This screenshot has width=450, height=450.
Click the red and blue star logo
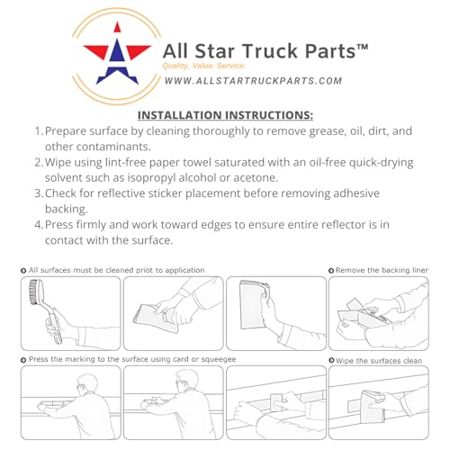pos(117,55)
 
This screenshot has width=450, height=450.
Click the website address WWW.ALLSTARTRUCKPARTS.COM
pos(254,81)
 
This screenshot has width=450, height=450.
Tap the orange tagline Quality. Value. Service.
pos(204,66)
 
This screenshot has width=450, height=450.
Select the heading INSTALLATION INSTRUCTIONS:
pos(225,115)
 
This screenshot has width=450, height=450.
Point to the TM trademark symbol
pos(363,48)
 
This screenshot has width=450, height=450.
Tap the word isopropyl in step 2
pos(151,178)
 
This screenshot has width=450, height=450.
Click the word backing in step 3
pos(67,209)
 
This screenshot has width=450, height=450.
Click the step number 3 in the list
pos(39,193)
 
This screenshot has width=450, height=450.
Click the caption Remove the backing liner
pos(382,270)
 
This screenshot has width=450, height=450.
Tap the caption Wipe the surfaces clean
pos(379,361)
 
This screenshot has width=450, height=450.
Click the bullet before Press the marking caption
pos(23,360)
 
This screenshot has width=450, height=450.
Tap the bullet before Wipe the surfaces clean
pos(331,360)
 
